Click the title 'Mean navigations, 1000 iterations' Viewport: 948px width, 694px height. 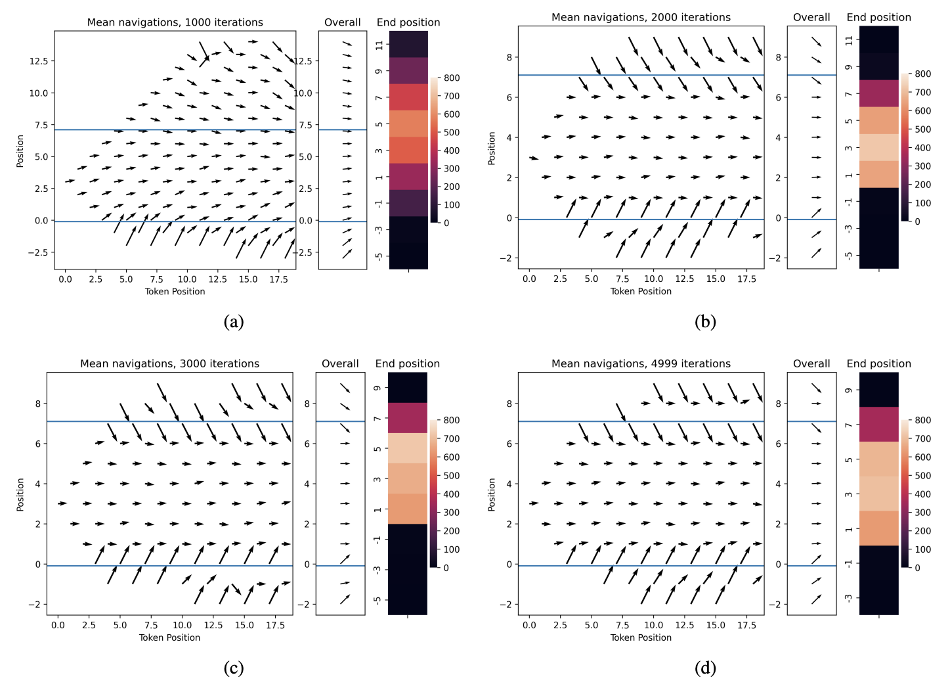pos(175,22)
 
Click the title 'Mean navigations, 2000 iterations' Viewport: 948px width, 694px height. pos(641,17)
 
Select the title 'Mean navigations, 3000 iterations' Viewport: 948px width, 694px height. pos(169,363)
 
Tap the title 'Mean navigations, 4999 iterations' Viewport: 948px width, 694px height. pos(641,363)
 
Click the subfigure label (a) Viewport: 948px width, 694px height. pos(234,321)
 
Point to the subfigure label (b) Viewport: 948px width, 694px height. pos(705,321)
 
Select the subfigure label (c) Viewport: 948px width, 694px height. pos(234,668)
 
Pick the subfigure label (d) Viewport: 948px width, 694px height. pos(705,668)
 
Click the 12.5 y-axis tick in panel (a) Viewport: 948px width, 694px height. pos(38,61)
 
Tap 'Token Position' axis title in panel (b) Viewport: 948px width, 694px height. pos(641,291)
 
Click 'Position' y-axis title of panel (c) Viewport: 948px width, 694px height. pos(20,494)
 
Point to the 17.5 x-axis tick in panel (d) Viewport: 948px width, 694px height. pos(746,625)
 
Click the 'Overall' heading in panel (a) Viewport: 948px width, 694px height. pos(342,22)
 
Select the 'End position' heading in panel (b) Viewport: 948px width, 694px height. pos(878,17)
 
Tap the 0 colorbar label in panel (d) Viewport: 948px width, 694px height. pos(917,568)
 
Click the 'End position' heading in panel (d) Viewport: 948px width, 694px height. pos(878,363)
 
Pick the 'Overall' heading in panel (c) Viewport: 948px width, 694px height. pos(340,363)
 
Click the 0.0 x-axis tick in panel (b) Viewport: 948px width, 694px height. pos(529,279)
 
